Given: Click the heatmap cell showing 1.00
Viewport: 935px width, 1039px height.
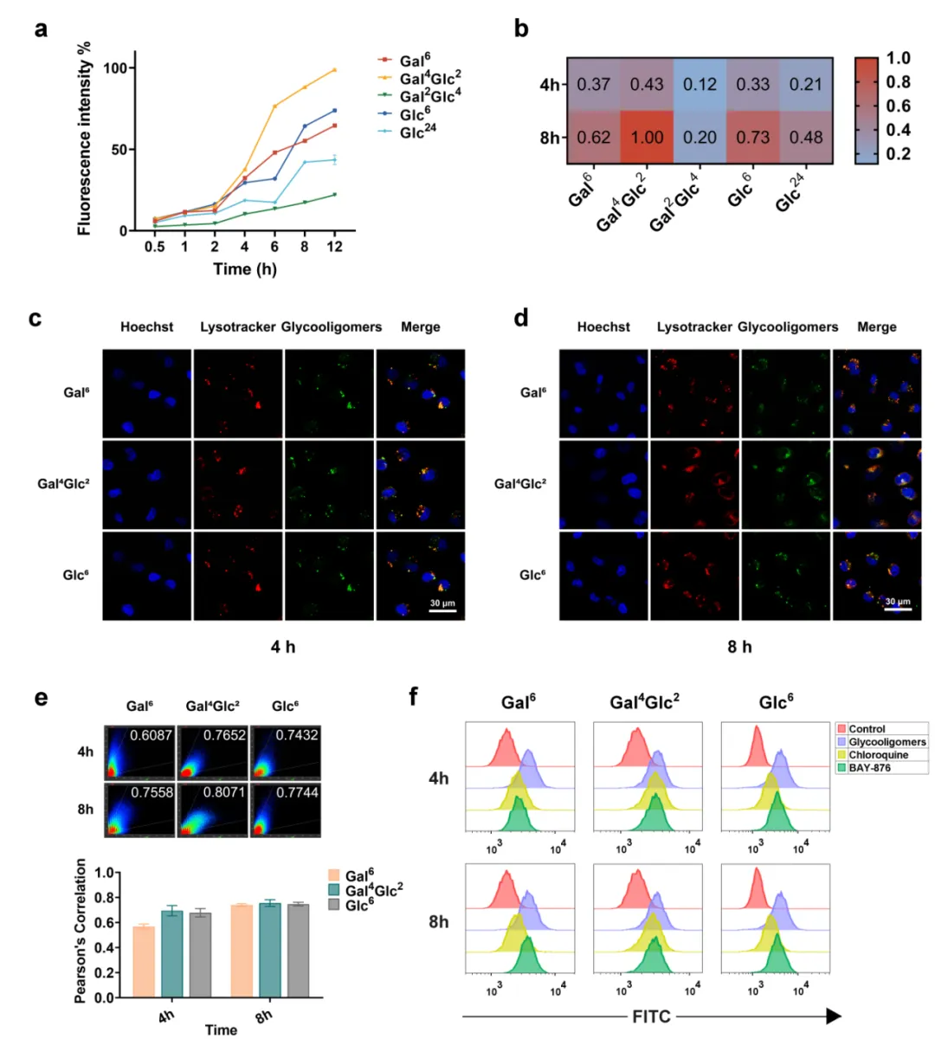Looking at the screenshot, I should [647, 137].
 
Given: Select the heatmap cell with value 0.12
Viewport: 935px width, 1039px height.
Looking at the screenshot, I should [700, 84].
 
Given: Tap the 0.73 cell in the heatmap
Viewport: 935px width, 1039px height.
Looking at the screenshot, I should [753, 137].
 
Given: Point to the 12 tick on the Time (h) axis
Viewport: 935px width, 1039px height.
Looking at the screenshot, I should [334, 247].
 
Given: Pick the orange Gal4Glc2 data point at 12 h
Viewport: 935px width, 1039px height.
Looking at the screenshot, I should [334, 70].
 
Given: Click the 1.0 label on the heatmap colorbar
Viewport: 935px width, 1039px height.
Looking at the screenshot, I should [899, 58].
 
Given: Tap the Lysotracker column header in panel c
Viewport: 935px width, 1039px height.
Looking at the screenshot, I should [238, 327].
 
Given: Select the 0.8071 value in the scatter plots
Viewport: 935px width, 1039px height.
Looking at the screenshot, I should [224, 792].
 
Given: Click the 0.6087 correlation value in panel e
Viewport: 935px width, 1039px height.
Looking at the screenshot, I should [152, 735].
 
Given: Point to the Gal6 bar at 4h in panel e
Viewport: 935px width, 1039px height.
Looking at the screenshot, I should [144, 961].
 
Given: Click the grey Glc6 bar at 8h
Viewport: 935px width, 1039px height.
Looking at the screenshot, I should [298, 951].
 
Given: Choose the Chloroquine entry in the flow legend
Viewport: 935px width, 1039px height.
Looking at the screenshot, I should [876, 755].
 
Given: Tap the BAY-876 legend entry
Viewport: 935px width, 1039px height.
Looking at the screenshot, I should [870, 768].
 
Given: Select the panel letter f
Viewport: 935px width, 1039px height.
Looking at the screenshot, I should [415, 695].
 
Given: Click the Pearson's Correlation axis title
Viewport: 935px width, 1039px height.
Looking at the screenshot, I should [81, 931].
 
